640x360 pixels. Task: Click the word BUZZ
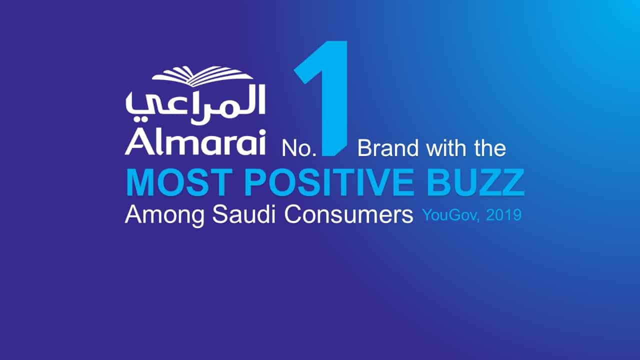click(x=475, y=182)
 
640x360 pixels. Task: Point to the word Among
click(x=164, y=215)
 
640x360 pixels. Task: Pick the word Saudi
click(x=243, y=214)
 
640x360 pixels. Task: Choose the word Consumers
click(x=348, y=215)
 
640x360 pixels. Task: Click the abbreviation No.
click(x=299, y=148)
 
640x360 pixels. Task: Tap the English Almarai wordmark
click(x=195, y=142)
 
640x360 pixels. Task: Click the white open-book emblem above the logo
click(x=202, y=76)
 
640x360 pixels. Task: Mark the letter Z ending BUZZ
click(x=511, y=182)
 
